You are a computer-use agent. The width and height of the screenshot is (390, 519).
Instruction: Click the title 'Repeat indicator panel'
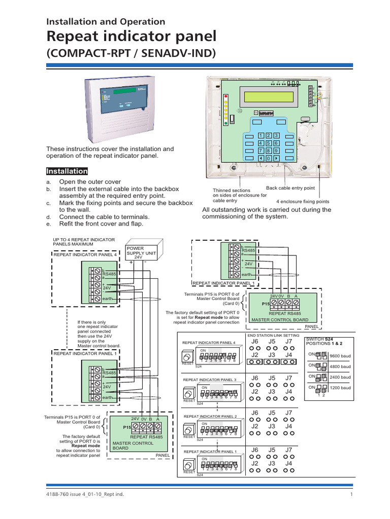coord(131,37)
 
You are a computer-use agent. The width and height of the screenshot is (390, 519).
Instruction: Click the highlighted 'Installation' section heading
coord(68,171)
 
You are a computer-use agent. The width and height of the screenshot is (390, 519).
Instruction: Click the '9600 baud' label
coord(340,356)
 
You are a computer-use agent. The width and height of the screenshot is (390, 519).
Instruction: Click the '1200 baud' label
coord(340,388)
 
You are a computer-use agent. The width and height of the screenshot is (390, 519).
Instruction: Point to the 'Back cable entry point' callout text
coord(290,188)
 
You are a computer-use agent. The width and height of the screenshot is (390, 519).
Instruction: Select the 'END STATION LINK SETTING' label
coord(273,336)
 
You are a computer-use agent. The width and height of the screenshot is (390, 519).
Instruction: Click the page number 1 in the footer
coord(351,495)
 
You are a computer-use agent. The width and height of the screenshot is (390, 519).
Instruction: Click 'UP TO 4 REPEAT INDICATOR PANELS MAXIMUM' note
coord(84,241)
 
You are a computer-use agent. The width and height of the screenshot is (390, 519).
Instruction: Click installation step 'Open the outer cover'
coord(90,181)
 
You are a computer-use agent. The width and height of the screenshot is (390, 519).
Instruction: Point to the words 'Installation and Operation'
coord(106,21)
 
